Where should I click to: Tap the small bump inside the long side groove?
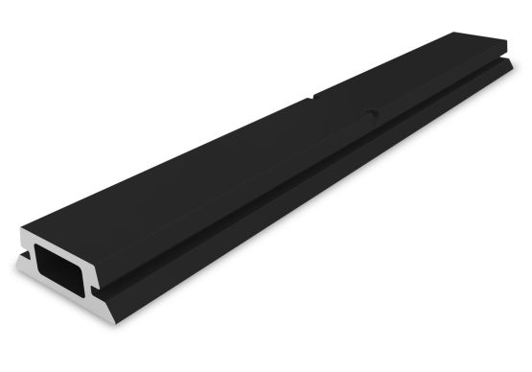(x=374, y=116)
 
